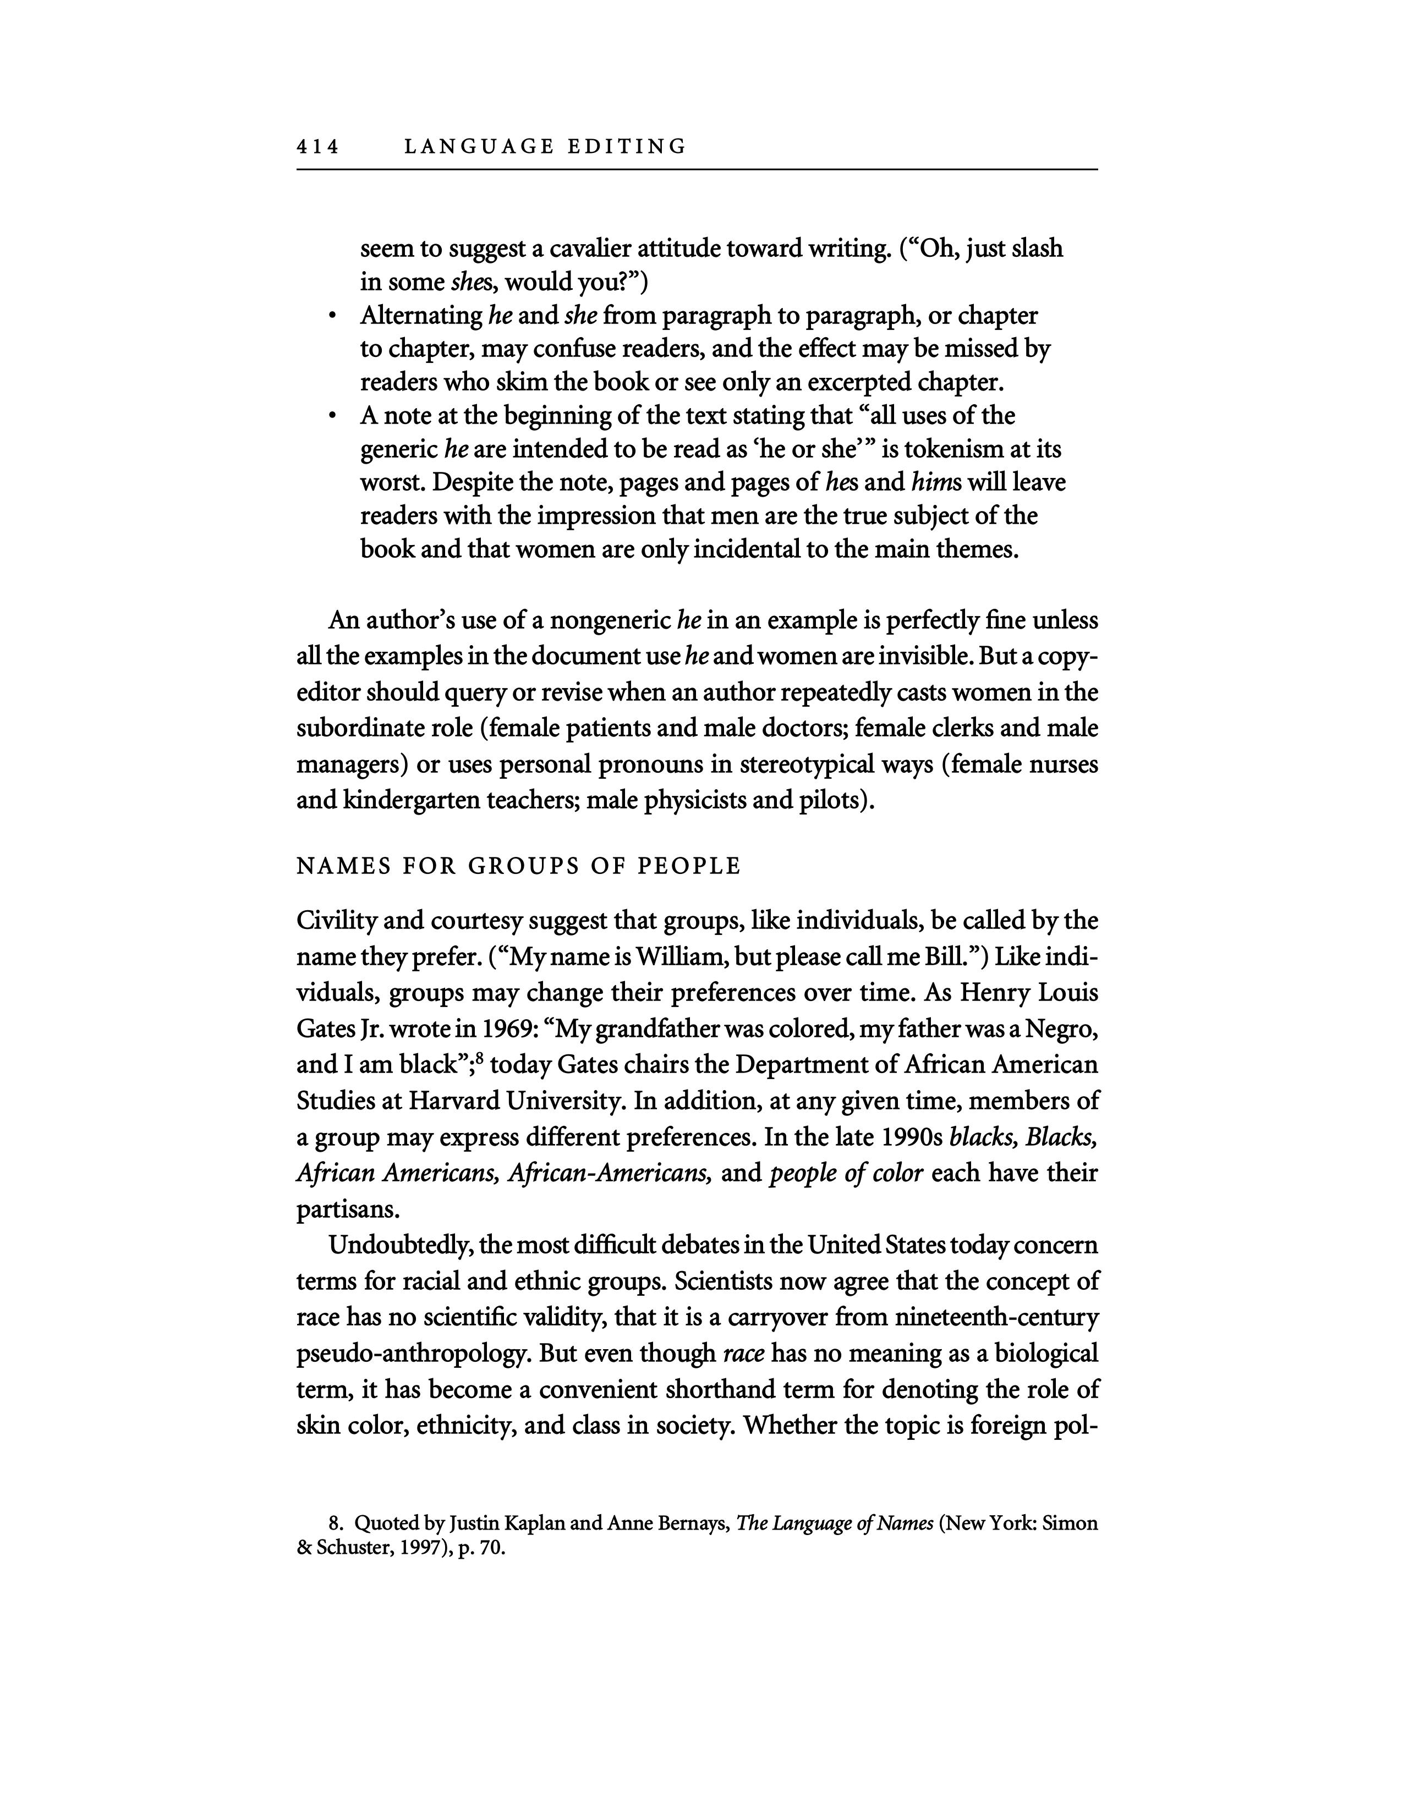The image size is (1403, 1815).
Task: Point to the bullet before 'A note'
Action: point(332,416)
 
